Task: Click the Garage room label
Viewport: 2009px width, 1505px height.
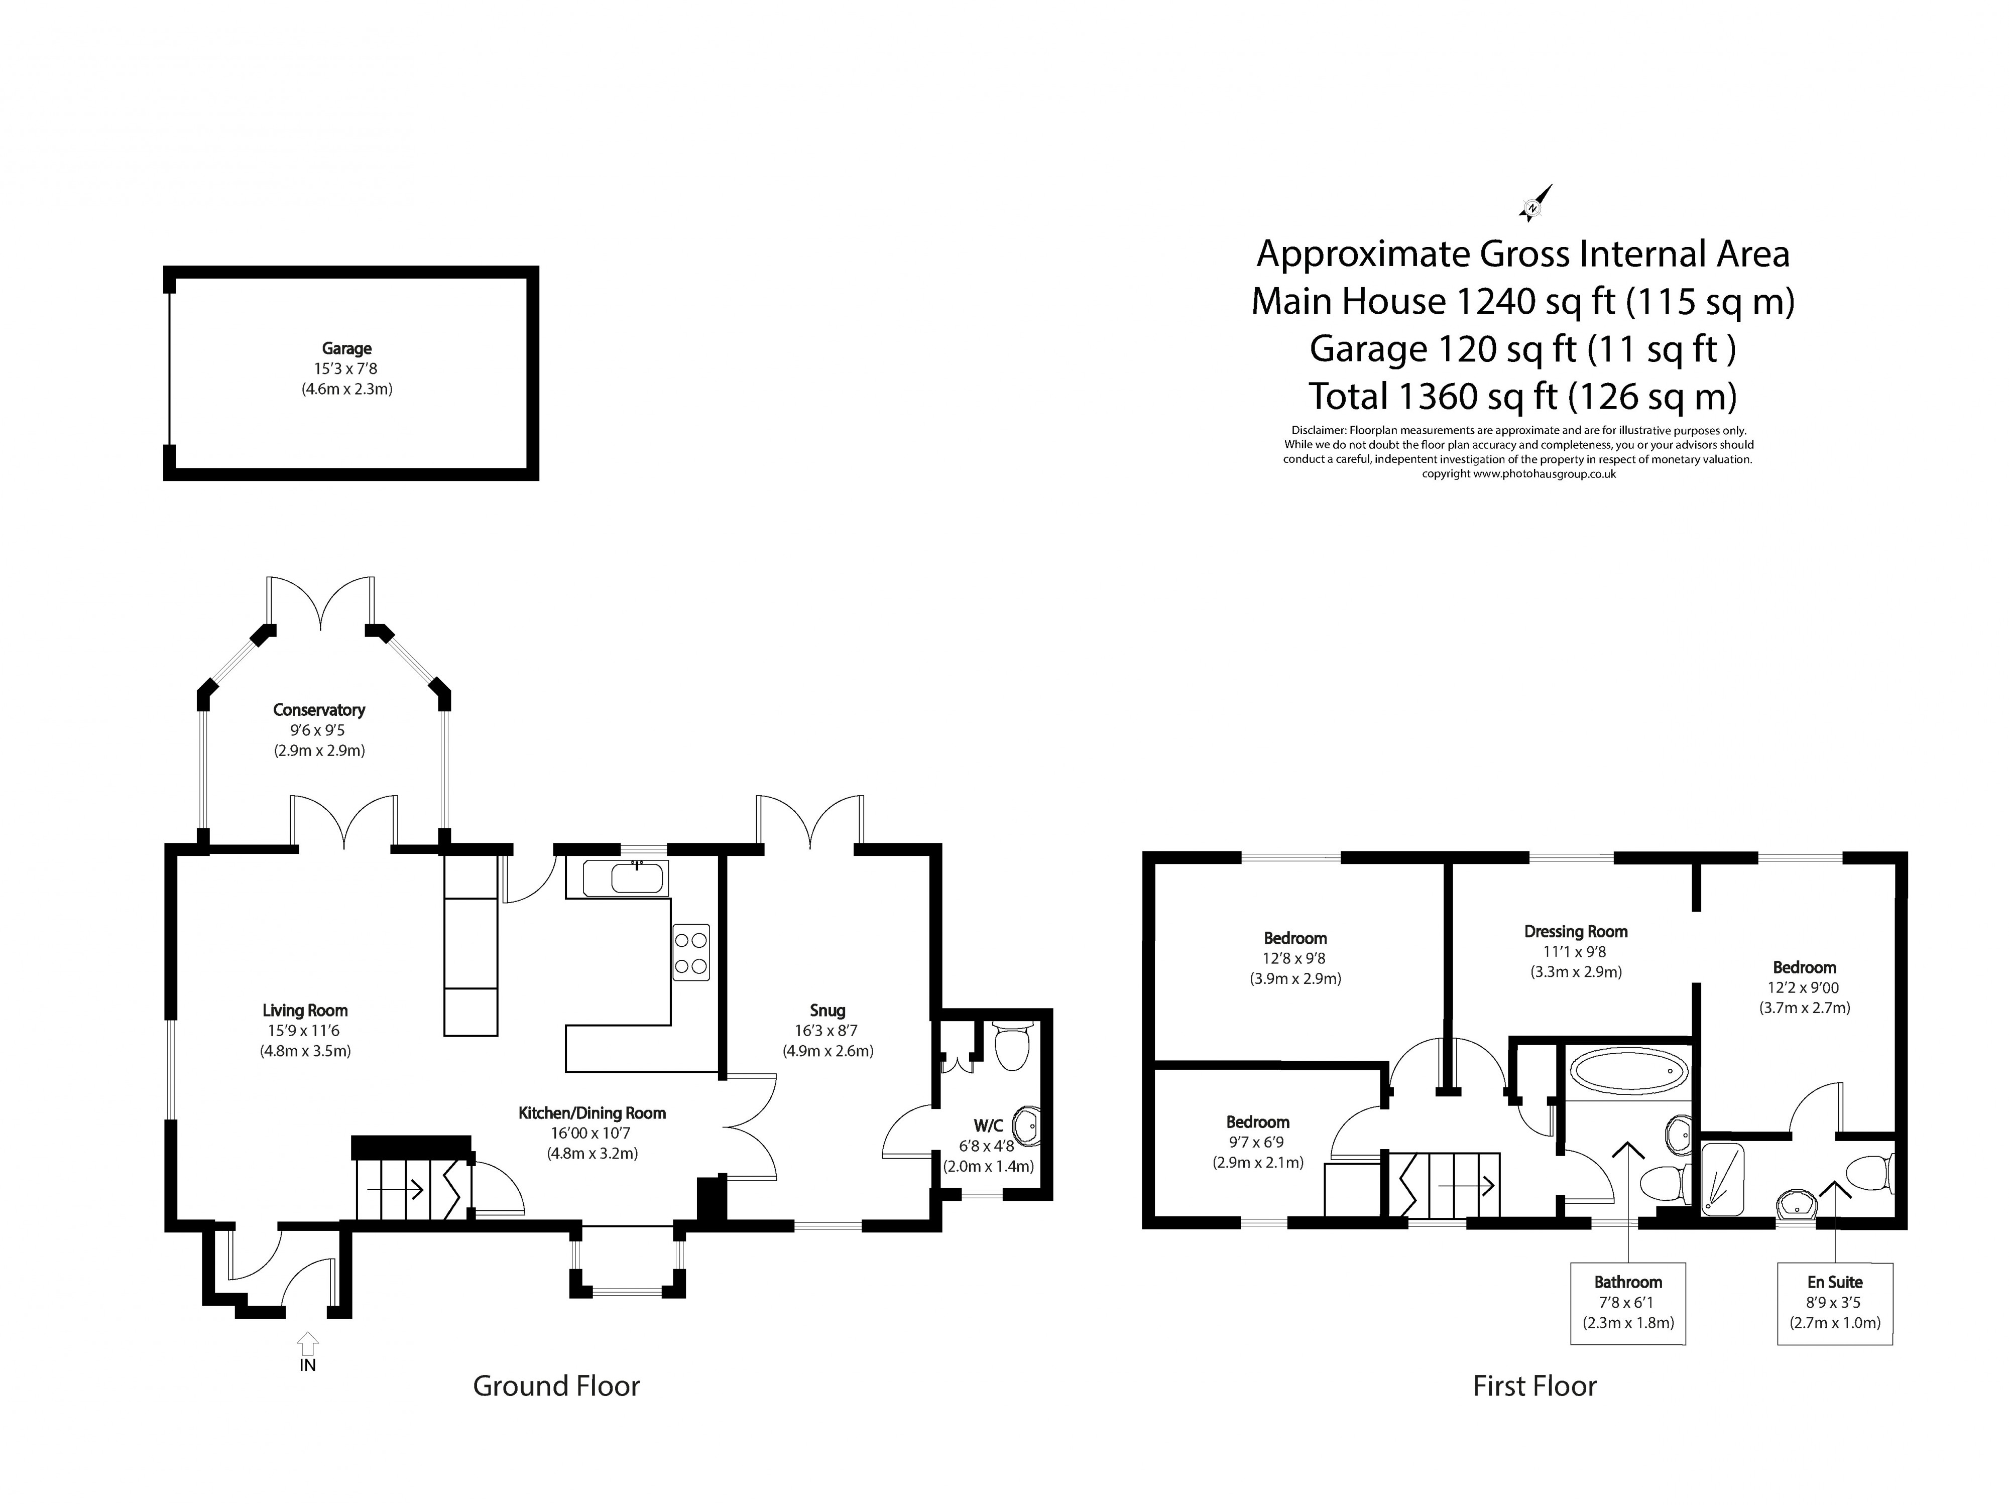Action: pos(346,349)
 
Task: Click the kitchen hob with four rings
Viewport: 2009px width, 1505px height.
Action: pos(690,952)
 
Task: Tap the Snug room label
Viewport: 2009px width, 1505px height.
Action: pos(826,1010)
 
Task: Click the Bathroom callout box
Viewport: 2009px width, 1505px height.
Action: pos(1627,1303)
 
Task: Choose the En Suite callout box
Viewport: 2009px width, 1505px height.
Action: pos(1835,1303)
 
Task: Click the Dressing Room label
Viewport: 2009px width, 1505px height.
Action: pos(1576,931)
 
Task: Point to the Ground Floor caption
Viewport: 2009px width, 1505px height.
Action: pos(556,1386)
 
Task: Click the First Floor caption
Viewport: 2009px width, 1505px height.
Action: pos(1534,1386)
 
